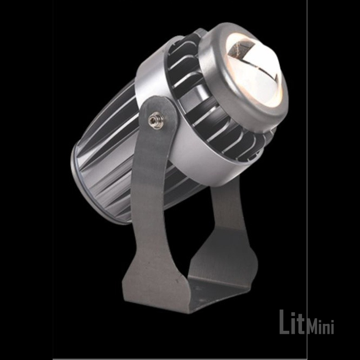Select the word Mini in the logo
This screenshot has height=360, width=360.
(x=320, y=328)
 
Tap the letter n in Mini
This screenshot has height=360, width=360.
(x=326, y=328)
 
